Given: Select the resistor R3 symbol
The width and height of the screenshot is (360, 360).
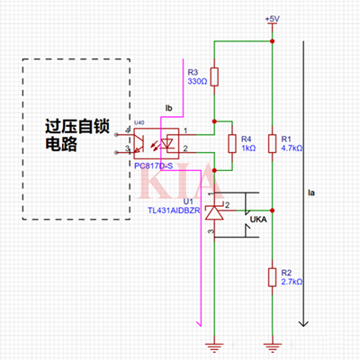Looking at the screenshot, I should coord(214,77).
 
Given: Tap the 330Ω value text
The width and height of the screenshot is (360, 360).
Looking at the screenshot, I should coord(197,82).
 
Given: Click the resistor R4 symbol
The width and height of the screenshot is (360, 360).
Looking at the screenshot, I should coord(231,144).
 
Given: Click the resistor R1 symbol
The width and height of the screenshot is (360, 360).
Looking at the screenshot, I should coord(273,144).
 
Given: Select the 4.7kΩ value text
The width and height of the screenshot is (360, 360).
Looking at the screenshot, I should coord(292,149).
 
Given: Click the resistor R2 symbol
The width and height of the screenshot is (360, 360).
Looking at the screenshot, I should coord(273,275).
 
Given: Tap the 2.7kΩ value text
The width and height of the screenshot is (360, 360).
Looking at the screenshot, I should coord(292,281).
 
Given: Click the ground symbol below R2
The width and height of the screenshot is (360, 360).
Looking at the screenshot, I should coord(273,344).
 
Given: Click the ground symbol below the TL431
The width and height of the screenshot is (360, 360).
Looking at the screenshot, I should coord(214,344).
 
